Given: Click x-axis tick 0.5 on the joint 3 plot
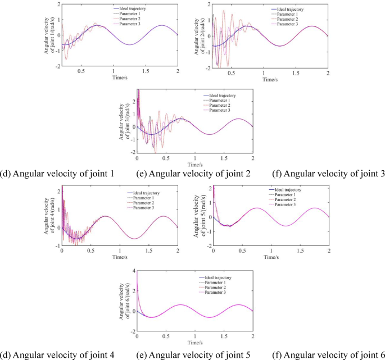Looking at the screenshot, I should tap(166, 158).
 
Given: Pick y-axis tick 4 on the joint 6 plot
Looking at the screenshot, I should tap(134, 271).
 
